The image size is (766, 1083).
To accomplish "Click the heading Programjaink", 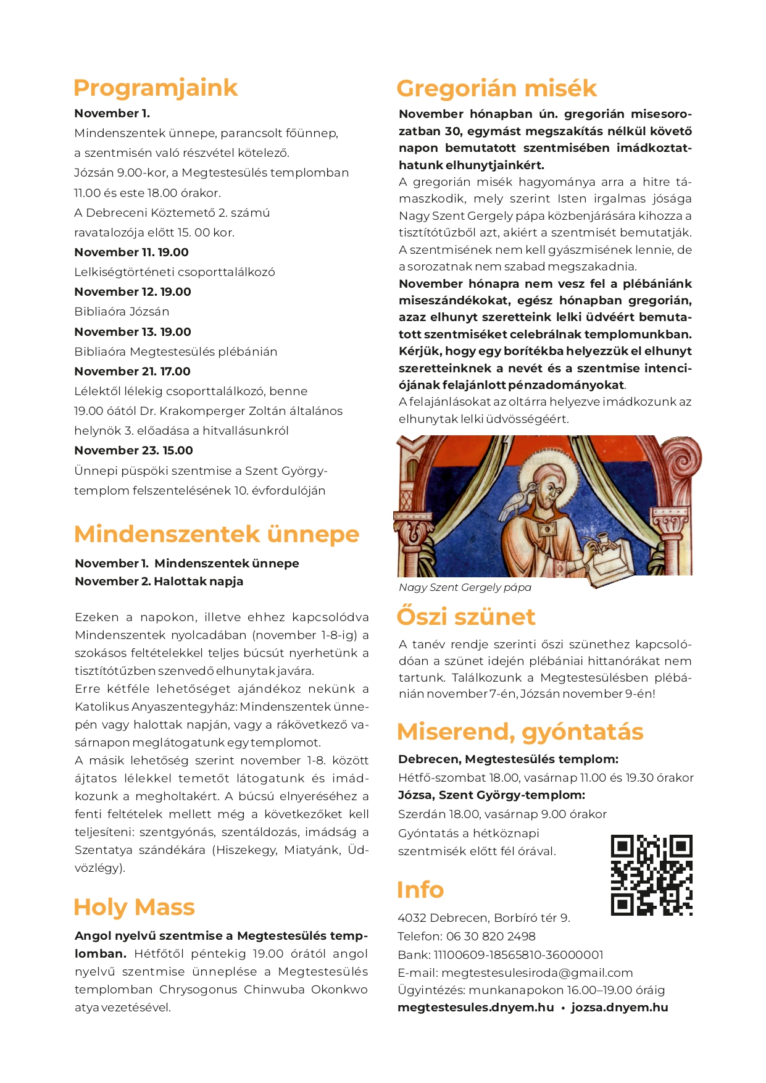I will tap(155, 88).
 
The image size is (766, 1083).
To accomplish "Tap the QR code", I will tap(651, 874).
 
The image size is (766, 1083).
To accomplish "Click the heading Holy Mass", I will tap(134, 908).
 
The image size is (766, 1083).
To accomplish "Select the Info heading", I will tap(420, 890).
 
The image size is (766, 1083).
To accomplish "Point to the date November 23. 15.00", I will tap(133, 451).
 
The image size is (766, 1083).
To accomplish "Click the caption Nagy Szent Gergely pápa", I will tap(465, 587).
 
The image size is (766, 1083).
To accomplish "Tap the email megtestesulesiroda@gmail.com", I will tap(537, 972).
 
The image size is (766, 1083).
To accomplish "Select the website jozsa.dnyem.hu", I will tap(619, 1008).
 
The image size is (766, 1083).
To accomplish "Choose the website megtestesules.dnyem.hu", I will tap(475, 1008).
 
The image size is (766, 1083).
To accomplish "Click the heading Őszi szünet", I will tap(465, 617).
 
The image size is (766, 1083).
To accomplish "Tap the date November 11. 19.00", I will tap(131, 252).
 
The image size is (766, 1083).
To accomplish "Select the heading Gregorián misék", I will tap(496, 89).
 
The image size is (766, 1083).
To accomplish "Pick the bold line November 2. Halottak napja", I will tap(159, 581).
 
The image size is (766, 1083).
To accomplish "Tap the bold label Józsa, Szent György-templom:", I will tap(491, 795).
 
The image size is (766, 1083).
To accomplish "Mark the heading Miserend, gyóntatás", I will tap(520, 732).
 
